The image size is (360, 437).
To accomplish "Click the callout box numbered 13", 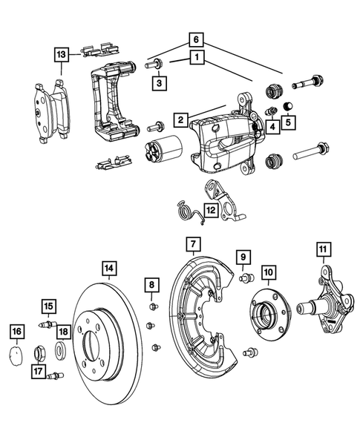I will tap(62, 53).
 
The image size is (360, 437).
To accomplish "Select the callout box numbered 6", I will tap(195, 39).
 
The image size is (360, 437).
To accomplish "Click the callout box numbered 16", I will tap(17, 331).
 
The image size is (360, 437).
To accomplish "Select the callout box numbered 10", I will tap(267, 272).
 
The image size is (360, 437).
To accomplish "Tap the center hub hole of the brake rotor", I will tap(94, 345).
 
